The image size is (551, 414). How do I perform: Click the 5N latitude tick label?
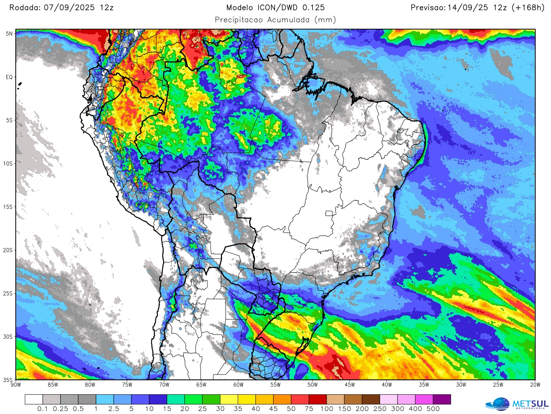tap(9, 34)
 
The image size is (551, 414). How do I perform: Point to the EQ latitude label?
tap(9, 77)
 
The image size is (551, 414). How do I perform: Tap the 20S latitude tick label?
tap(8, 250)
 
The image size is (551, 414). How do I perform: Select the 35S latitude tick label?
tap(8, 380)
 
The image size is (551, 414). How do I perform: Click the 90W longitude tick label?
tap(16, 385)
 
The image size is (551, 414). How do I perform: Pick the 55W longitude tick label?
tap(275, 385)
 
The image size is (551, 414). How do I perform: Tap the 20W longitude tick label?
tap(535, 385)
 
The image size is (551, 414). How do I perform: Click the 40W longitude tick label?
tap(386, 385)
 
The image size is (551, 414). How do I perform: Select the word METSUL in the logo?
tap(530, 403)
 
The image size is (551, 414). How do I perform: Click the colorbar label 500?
tap(433, 409)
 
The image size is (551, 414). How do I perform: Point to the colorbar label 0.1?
tap(43, 409)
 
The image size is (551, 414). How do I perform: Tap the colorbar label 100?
tap(327, 409)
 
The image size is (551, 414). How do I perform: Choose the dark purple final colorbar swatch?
tap(442, 399)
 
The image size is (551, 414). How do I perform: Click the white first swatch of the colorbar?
tap(33, 399)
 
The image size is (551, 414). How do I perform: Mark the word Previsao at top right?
tap(428, 7)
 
